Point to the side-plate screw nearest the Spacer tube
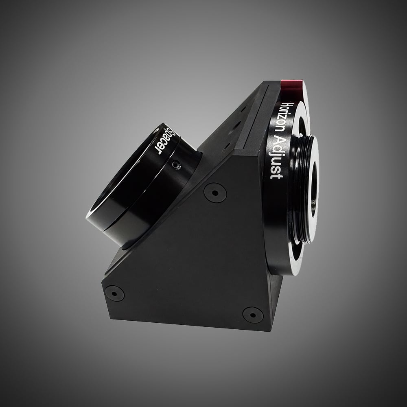(x=215, y=192)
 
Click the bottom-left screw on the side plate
(x=114, y=293)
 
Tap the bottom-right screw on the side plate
(x=252, y=315)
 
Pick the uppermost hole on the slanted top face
(x=243, y=109)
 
